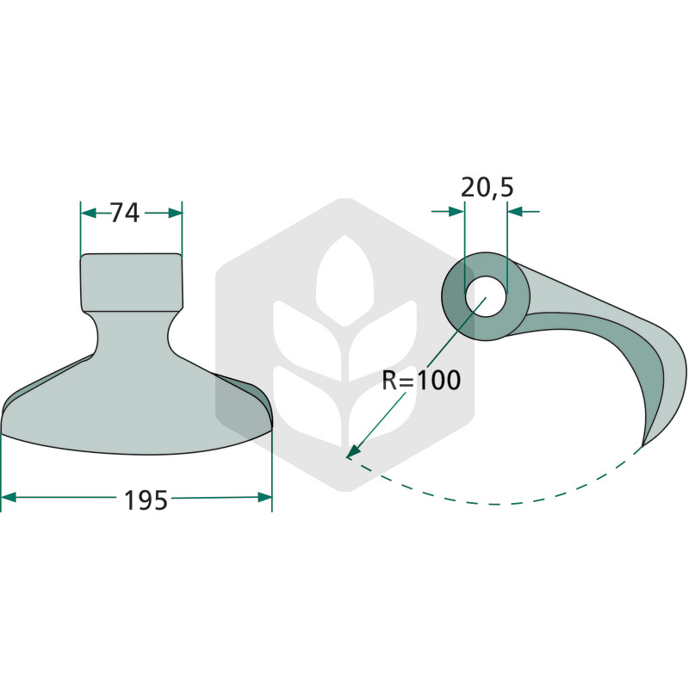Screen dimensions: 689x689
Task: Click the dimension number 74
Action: [x=124, y=213]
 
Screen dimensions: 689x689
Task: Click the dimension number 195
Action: [x=146, y=500]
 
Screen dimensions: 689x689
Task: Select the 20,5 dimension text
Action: [x=487, y=188]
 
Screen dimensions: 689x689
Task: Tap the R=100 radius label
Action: [x=421, y=380]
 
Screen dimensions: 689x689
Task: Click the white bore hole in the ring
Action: [x=486, y=296]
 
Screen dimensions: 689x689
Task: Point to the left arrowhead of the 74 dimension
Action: [x=89, y=214]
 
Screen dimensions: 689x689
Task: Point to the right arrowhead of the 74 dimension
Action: [x=175, y=214]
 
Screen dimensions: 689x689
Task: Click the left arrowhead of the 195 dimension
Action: [x=9, y=498]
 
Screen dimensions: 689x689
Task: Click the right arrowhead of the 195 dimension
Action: [x=264, y=498]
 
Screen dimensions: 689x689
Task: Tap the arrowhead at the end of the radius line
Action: [x=354, y=450]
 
